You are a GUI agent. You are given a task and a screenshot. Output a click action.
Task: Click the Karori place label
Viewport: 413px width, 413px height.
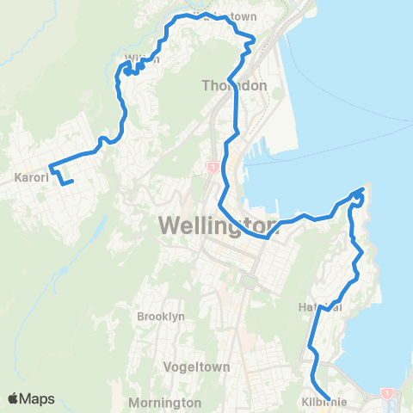[30, 181]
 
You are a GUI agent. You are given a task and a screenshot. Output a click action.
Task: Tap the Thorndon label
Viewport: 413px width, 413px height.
[235, 86]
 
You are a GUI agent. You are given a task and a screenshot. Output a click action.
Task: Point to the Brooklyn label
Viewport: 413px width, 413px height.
[161, 317]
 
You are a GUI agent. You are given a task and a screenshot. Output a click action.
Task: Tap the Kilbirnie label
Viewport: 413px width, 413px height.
[324, 402]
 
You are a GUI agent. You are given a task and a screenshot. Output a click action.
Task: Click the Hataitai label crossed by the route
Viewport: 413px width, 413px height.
[321, 307]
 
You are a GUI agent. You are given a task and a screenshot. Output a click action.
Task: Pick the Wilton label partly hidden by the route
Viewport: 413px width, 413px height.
[142, 59]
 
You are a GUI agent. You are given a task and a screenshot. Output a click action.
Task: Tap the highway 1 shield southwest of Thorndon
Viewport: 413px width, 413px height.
[211, 168]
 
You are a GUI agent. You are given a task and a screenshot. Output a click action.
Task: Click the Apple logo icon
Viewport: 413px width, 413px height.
[15, 398]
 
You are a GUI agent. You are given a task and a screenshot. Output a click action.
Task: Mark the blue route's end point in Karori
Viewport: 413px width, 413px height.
[72, 181]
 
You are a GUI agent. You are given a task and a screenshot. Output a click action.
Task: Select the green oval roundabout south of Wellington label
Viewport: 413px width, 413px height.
[250, 281]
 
